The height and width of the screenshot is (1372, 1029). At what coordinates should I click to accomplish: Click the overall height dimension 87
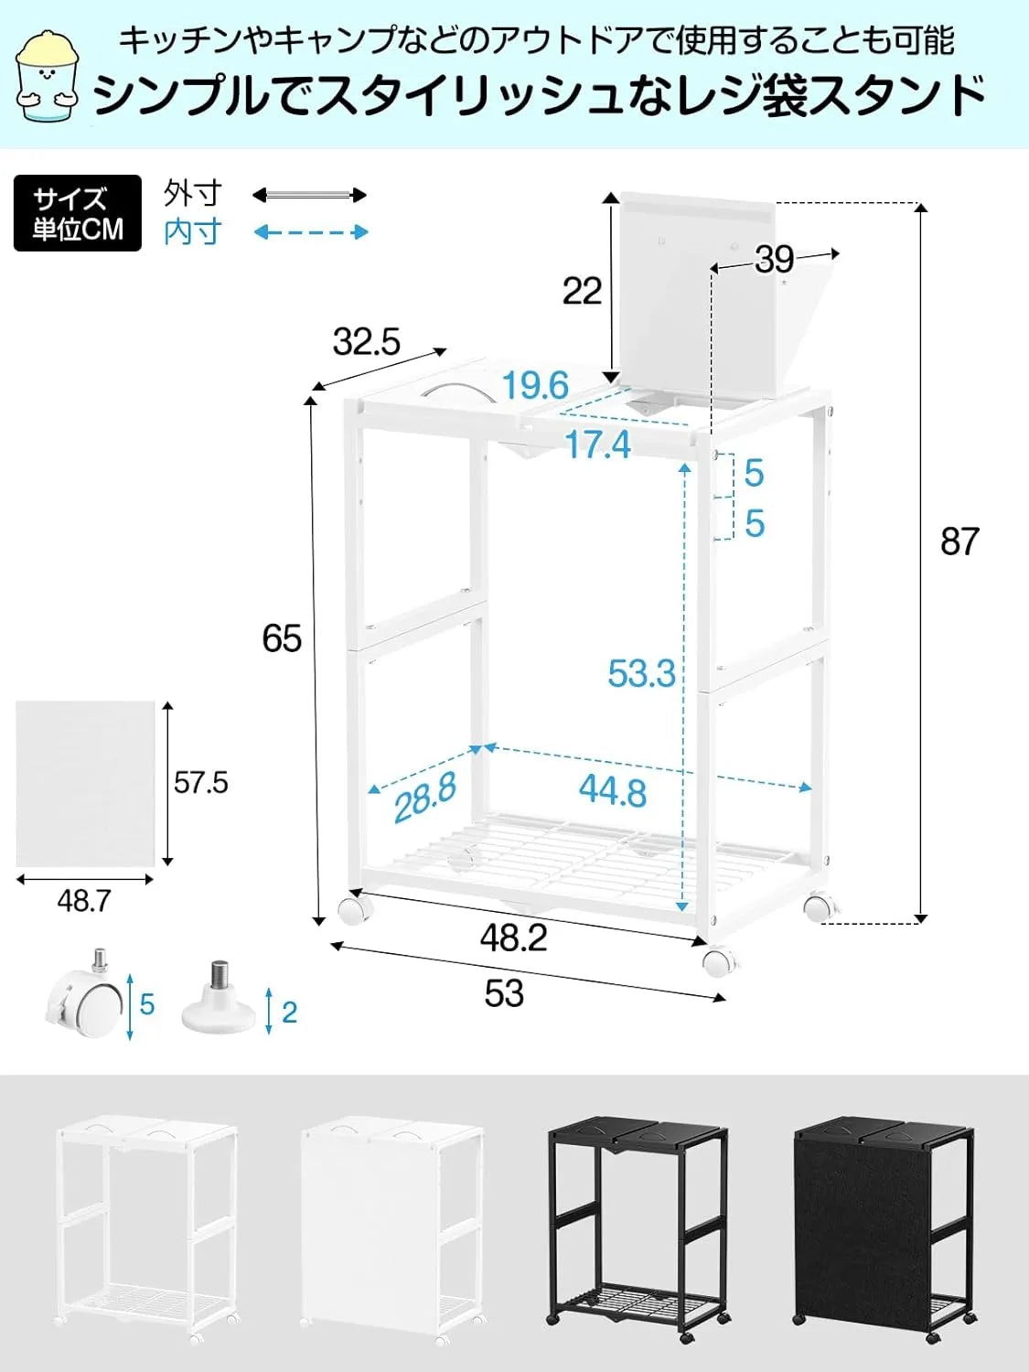959,541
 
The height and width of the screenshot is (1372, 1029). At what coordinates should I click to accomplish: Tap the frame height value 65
282,638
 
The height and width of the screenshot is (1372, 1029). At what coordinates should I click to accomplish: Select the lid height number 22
582,292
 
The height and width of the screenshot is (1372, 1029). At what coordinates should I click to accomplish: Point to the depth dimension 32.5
366,342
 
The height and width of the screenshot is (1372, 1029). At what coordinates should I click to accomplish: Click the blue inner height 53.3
641,673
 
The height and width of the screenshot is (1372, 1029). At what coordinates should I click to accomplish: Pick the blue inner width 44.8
612,790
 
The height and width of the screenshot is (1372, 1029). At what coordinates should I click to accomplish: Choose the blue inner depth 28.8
424,796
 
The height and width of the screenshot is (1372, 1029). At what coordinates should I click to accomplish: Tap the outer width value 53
504,993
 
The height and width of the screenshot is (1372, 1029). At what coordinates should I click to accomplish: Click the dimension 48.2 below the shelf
513,938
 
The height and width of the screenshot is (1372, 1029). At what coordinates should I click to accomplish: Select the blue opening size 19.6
535,385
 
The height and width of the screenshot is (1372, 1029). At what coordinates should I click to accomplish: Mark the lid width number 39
774,260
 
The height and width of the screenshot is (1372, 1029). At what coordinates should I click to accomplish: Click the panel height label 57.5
201,783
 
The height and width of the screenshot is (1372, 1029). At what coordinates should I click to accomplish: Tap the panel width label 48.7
84,901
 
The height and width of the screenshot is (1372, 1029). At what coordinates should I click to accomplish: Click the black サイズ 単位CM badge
78,213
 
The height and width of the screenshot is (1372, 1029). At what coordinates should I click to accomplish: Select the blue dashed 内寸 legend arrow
311,232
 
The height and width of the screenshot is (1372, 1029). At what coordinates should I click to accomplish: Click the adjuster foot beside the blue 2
218,1002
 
